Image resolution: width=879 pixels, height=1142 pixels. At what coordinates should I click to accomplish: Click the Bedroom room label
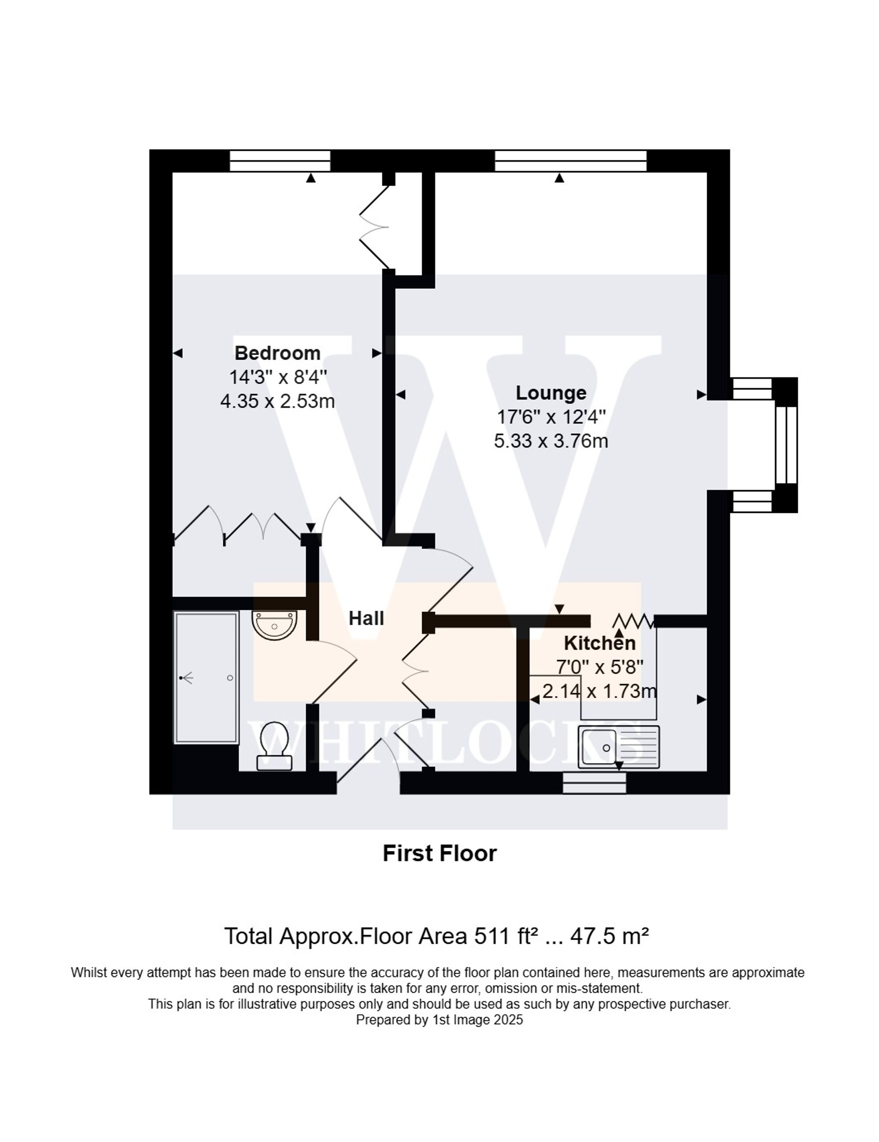(x=277, y=353)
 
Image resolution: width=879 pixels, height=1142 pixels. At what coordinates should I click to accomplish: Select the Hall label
(x=366, y=618)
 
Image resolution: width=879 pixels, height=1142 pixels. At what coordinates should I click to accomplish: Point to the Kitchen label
(x=599, y=643)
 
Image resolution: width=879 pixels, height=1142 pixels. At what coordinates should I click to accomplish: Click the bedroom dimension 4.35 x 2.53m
(x=277, y=402)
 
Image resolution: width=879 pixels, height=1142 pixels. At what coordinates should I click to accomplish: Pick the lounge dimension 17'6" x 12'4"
(x=551, y=417)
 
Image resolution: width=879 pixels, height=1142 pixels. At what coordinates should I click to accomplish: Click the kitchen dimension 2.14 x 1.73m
(x=599, y=691)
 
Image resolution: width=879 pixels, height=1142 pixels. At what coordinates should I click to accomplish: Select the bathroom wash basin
(x=274, y=624)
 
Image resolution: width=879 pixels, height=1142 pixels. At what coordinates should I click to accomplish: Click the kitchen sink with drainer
(x=618, y=747)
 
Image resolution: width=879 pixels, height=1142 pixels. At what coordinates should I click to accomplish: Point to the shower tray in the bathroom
(x=206, y=678)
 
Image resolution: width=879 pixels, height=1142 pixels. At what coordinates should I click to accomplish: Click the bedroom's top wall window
(x=280, y=160)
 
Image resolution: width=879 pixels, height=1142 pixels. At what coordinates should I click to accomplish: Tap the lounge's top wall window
(x=570, y=160)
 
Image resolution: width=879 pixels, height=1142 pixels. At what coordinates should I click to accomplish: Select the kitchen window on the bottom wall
(x=594, y=783)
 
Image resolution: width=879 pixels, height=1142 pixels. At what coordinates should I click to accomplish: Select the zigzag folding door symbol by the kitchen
(x=633, y=621)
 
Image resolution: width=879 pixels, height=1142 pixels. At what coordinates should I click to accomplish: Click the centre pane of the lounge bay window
(x=785, y=445)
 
